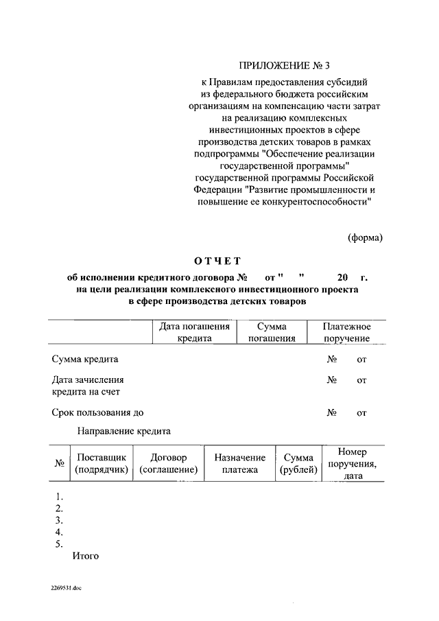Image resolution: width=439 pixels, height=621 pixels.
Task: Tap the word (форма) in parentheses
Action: (364, 237)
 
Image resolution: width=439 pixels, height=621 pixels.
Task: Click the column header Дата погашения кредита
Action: (194, 332)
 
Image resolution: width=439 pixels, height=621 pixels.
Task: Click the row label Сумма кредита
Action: (85, 359)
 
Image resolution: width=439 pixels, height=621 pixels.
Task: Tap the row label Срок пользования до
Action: (97, 412)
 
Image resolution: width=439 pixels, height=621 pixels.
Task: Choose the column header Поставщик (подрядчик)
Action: (102, 464)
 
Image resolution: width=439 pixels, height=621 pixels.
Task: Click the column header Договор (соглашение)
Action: (168, 464)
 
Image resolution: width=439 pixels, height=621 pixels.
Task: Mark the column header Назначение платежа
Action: (239, 464)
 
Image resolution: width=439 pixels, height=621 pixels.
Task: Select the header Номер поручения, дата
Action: (353, 464)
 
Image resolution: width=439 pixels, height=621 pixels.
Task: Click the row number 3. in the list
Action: (59, 519)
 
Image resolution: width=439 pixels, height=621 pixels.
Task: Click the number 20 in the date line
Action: (342, 278)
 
